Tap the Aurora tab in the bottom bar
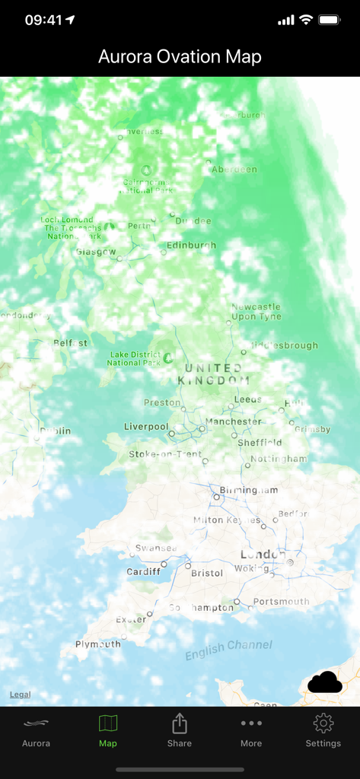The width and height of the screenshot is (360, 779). pos(36,732)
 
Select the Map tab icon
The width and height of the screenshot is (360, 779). pos(108,732)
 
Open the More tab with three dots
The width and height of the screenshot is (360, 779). pos(251,732)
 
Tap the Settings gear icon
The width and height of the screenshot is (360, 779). pos(323,732)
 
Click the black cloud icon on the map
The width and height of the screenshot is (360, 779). pos(325,682)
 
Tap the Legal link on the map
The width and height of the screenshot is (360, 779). pos(20,695)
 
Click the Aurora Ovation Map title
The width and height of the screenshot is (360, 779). pos(180,56)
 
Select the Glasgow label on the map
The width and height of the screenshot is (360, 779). pos(96,252)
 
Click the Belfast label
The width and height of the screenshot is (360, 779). pos(70,343)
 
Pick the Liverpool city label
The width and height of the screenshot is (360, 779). pos(146,427)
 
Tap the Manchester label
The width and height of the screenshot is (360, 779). pos(233,421)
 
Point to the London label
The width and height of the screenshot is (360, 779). pos(263,555)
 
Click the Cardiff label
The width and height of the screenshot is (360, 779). pos(144,571)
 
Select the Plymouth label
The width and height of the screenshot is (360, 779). pos(97,644)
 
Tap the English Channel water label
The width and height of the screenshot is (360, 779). pos(228,649)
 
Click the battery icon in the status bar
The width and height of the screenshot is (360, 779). pos(330,20)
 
